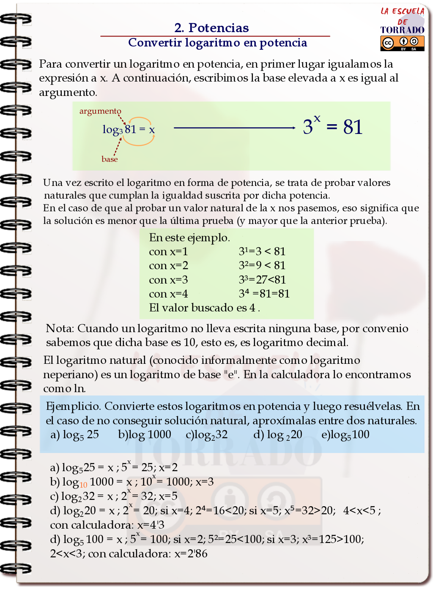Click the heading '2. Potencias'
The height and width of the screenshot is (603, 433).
(x=211, y=28)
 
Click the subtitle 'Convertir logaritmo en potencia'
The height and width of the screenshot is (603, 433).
(x=217, y=43)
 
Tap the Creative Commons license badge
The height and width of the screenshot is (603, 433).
(x=402, y=43)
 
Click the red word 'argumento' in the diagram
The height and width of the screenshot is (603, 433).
(x=100, y=111)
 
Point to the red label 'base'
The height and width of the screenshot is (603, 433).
(x=110, y=159)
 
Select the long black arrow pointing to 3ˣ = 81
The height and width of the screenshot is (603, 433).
(x=234, y=128)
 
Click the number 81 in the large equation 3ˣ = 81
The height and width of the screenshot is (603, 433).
(x=353, y=127)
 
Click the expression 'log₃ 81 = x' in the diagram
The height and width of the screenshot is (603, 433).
(x=129, y=129)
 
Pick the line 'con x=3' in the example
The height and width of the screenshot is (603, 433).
(x=168, y=280)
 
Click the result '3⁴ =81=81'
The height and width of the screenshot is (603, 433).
(x=264, y=294)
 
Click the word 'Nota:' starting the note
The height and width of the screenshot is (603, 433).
(x=60, y=329)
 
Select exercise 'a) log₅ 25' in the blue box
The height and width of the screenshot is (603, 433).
(x=74, y=435)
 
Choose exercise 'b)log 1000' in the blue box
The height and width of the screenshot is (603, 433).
(x=145, y=435)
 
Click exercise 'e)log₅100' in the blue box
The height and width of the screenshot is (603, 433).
(x=345, y=435)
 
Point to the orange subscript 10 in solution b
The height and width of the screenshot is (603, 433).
(x=83, y=485)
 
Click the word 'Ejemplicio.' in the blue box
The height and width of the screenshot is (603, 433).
(x=73, y=407)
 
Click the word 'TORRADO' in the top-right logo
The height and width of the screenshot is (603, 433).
(x=402, y=30)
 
